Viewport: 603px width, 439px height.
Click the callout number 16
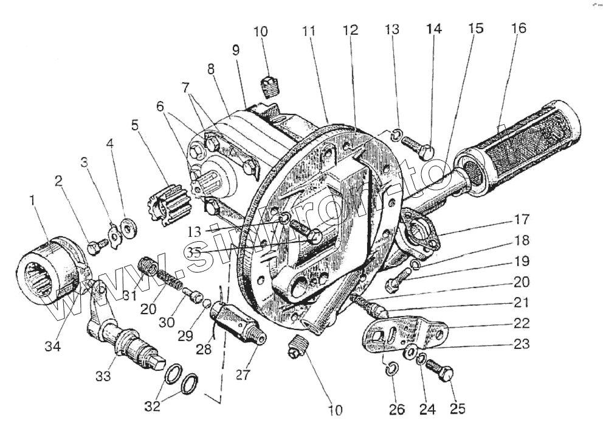519,28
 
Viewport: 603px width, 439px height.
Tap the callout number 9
236,51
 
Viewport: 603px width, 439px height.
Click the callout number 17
521,219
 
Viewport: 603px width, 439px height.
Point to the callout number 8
211,69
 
